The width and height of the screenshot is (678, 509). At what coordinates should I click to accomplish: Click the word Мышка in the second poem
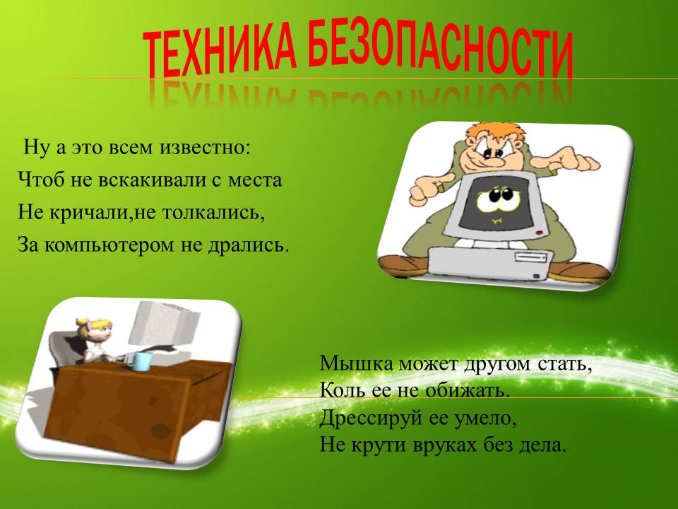point(357,363)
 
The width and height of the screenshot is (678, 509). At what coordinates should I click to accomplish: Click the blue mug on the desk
point(141,361)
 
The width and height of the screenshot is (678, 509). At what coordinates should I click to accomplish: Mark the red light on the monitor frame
point(540,233)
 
